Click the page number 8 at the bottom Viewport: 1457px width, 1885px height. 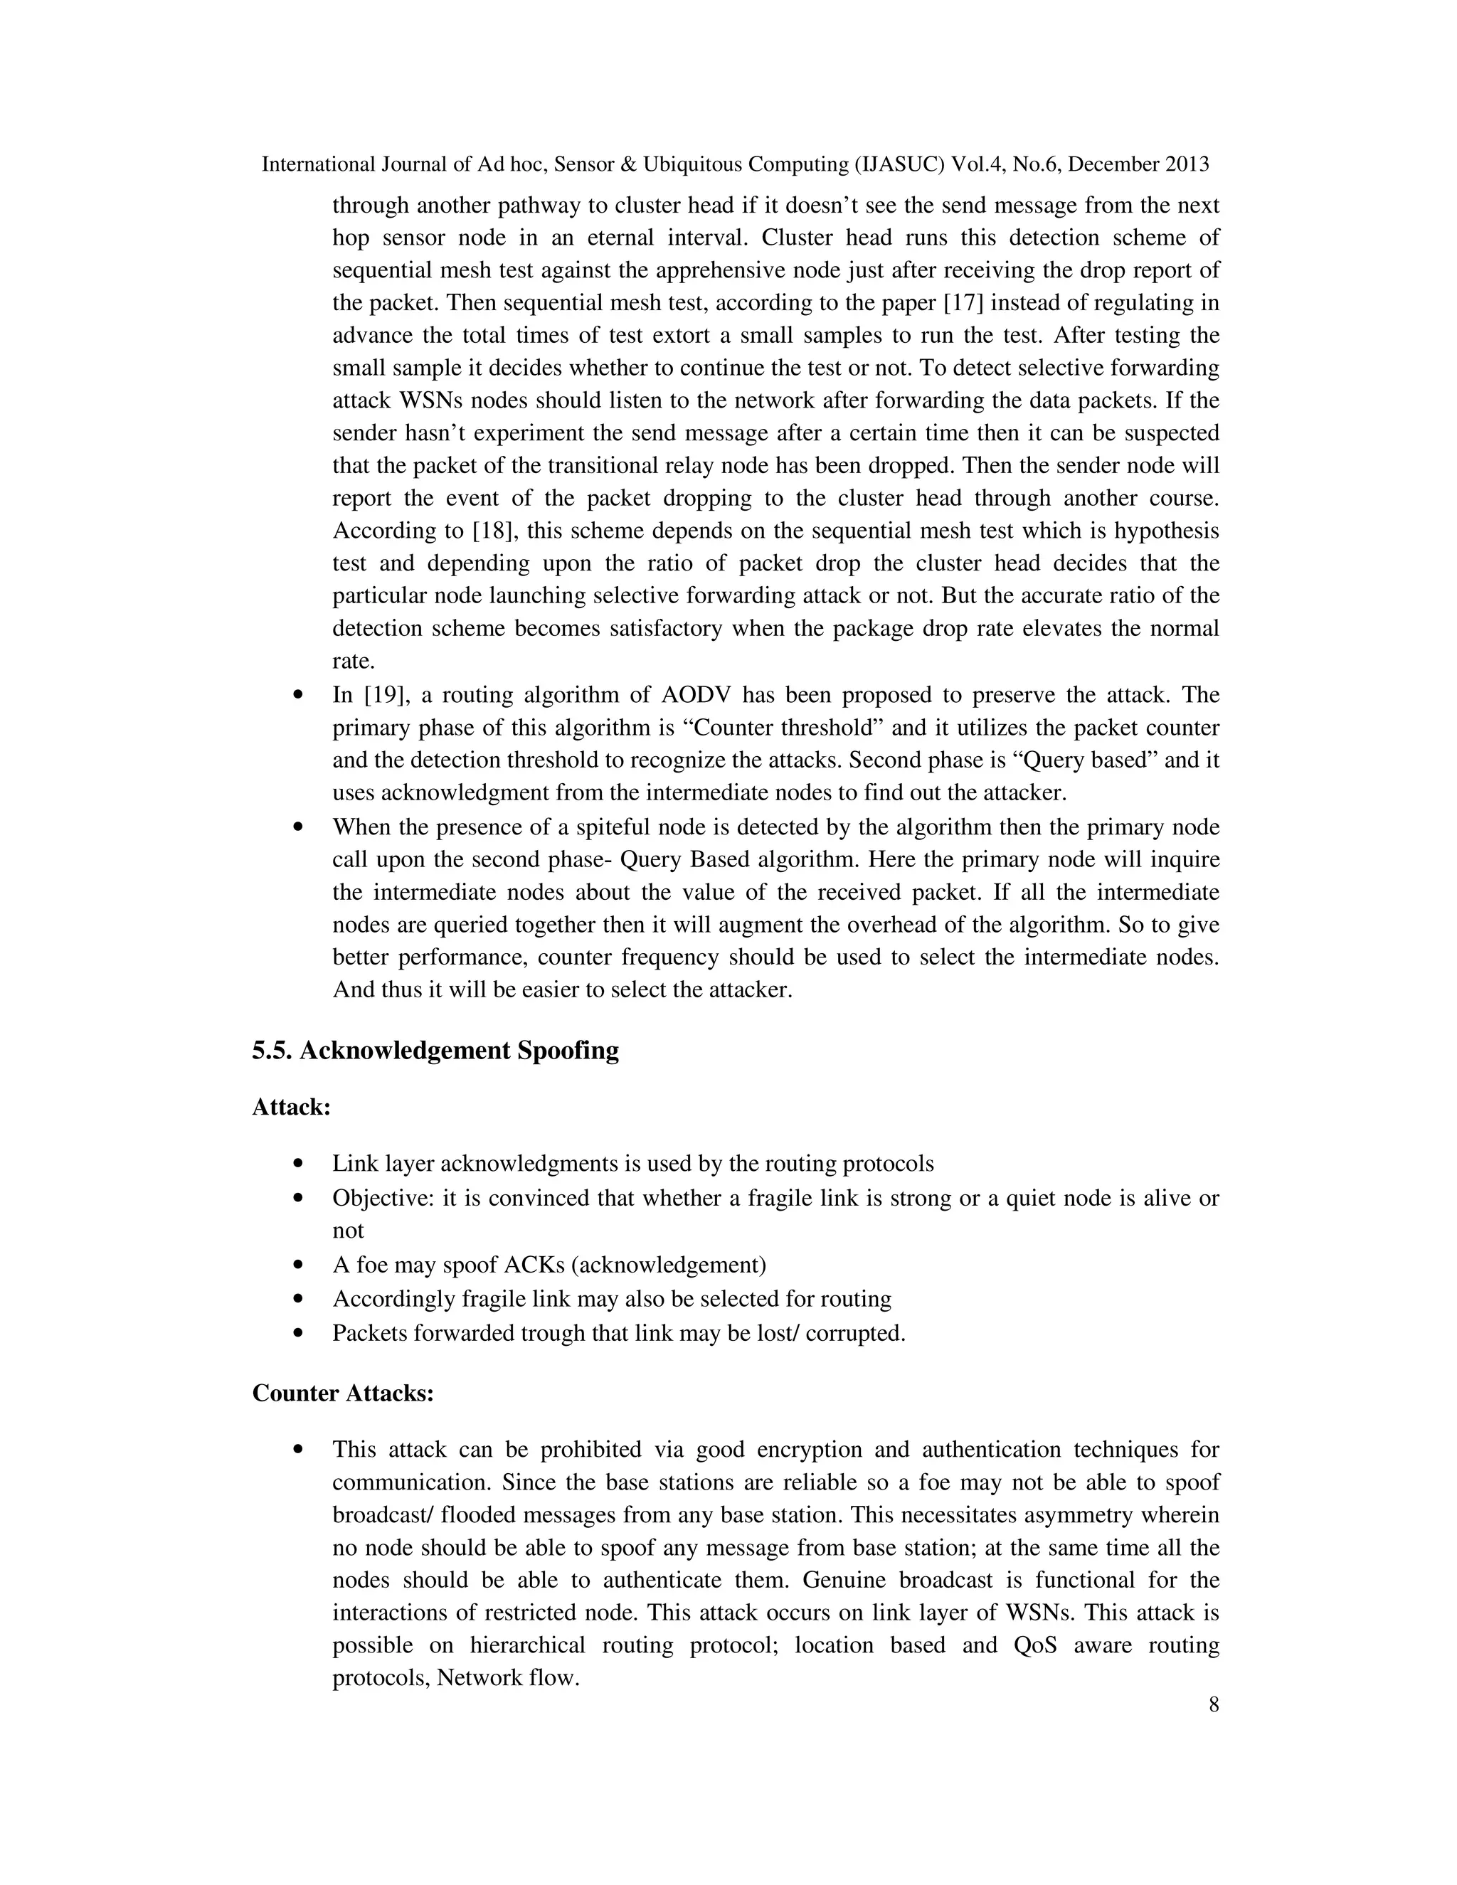1214,1704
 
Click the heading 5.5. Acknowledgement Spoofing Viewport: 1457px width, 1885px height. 435,1051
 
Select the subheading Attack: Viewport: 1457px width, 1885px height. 291,1108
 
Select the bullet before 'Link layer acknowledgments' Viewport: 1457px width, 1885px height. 299,1164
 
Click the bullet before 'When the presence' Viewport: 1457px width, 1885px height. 299,827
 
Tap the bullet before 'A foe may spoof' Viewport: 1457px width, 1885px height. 299,1265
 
